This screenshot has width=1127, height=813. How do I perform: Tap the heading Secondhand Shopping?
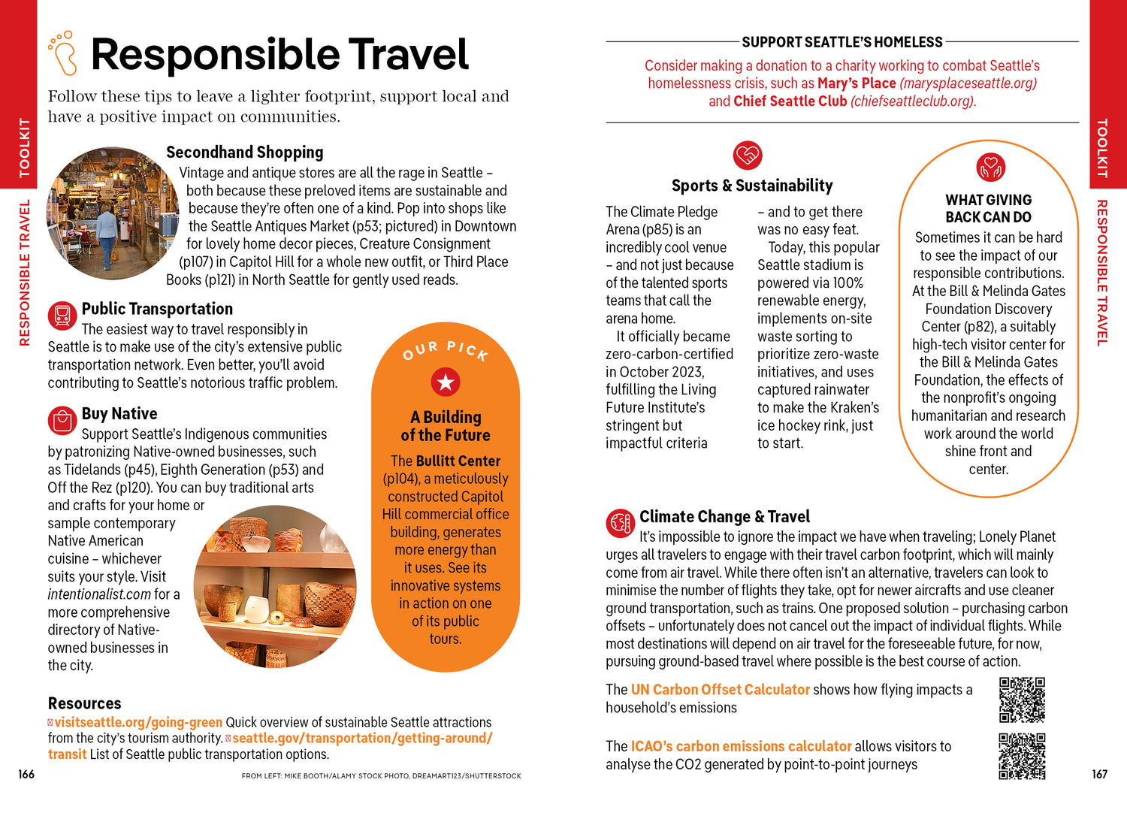pos(244,153)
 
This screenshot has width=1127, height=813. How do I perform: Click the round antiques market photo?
pos(113,213)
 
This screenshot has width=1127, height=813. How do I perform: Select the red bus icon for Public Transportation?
pos(62,315)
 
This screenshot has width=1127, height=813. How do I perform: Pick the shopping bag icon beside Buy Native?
pos(62,420)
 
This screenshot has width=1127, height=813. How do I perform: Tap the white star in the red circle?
pos(446,382)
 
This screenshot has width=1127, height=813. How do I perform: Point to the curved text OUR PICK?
pos(446,350)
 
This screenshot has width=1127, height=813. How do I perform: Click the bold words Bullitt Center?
pos(458,461)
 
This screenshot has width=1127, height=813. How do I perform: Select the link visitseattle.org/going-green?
pos(138,723)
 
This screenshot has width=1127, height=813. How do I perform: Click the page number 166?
pos(26,774)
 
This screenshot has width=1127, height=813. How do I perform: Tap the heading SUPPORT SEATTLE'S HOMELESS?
pos(842,42)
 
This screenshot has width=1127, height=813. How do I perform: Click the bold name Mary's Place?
pos(857,83)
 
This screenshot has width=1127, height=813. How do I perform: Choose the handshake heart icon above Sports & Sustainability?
pos(748,156)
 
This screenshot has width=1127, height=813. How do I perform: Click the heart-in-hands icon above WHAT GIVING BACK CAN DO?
pos(990,168)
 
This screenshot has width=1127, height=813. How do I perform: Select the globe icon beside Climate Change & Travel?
pos(621,523)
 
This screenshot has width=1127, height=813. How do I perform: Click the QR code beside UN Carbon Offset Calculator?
pos(1022,699)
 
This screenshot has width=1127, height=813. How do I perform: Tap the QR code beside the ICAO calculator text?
pos(1022,756)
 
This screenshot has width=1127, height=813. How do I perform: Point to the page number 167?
pos(1100,774)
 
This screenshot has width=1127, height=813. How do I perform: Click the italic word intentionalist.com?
pos(100,594)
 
